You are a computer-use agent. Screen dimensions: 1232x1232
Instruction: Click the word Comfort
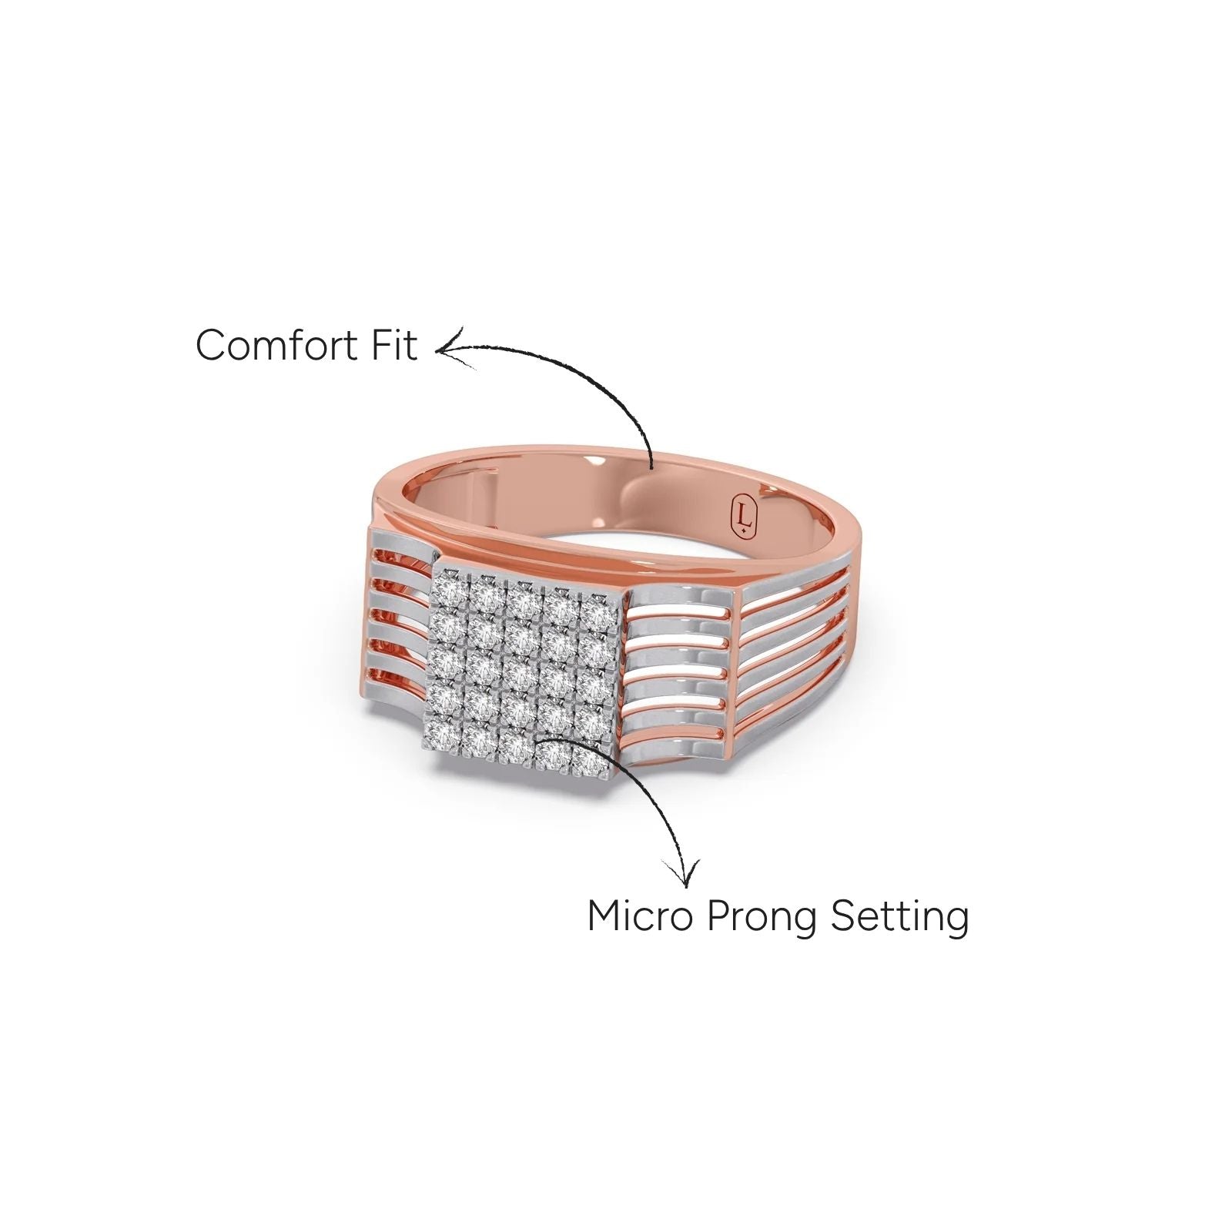tap(279, 345)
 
